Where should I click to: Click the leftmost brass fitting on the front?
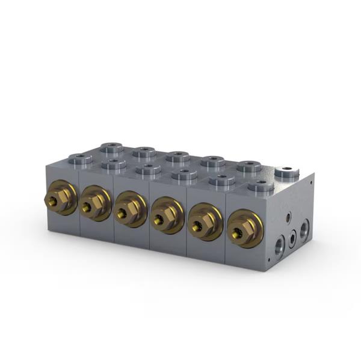60,198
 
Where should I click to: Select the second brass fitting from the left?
94,203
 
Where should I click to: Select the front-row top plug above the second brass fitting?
113,163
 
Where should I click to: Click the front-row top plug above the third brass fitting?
148,169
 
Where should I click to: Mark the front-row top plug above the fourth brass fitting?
184,174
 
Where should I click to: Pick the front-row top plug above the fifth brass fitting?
221,179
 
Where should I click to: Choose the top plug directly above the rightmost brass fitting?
261,185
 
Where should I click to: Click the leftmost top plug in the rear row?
111,147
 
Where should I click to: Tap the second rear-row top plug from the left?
144,152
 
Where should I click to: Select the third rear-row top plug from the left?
177,156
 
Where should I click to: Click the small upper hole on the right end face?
288,214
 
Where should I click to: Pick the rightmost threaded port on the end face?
304,228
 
